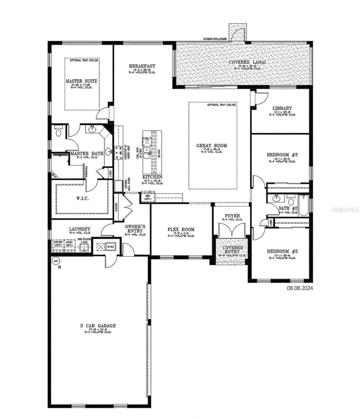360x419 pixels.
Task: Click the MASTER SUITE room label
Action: tap(81, 81)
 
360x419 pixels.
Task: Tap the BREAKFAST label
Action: tap(142, 66)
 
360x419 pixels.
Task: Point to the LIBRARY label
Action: tap(282, 108)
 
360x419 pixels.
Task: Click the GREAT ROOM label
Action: tap(211, 145)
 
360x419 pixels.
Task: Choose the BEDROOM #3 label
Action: tap(282, 155)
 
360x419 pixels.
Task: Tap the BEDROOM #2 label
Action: tap(282, 251)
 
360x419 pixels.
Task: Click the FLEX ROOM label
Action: tap(181, 229)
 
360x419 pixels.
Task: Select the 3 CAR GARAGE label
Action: tap(98, 326)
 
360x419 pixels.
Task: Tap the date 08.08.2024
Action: tap(300, 288)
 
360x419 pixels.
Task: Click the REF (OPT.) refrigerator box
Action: tap(147, 197)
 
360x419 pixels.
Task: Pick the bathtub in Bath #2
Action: tap(303, 205)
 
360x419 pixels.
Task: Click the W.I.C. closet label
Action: tap(82, 198)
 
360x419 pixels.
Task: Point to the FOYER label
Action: tap(232, 216)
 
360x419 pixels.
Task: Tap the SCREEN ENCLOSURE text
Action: tap(215, 39)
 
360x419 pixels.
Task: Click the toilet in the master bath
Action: tap(58, 132)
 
